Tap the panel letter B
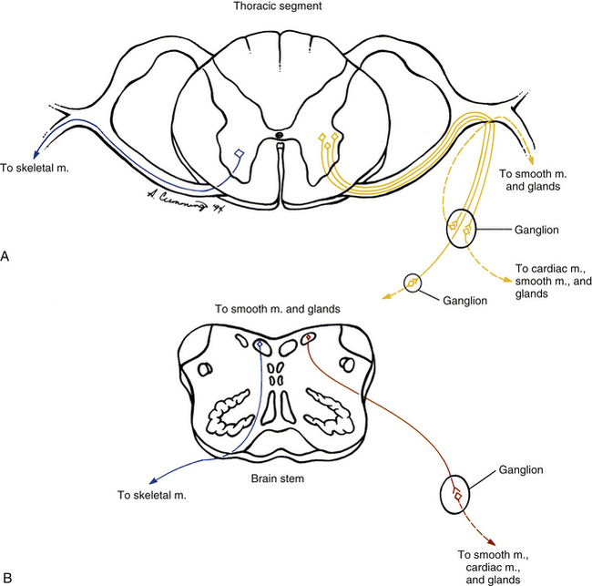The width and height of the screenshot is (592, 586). pos(7,576)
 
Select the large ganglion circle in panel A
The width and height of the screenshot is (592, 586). pos(463,230)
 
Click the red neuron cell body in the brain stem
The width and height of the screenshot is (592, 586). pos(310,340)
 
